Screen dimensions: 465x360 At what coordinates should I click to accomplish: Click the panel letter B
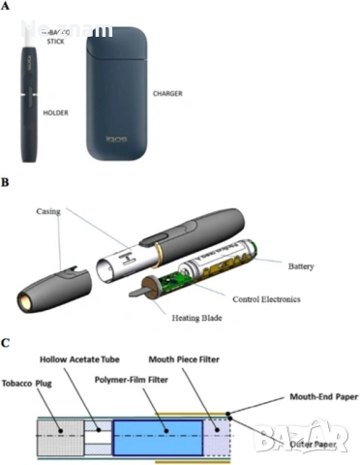[7, 180]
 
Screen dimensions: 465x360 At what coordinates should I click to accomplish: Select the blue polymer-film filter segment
[156, 428]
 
